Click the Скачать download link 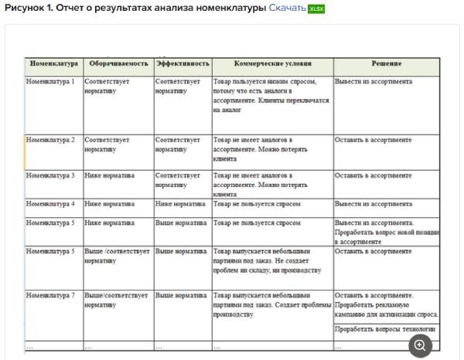(x=286, y=8)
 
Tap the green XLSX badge (x=316, y=8)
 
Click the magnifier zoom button (x=419, y=345)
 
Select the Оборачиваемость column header (x=118, y=63)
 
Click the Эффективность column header (x=183, y=63)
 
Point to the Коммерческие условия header (x=272, y=63)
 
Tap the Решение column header (x=386, y=63)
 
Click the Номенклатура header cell (x=53, y=63)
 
